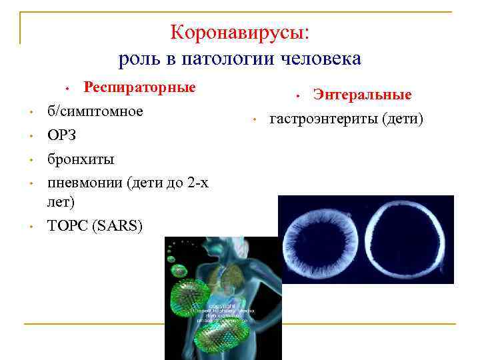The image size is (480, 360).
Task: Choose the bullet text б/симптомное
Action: pyautogui.click(x=95, y=111)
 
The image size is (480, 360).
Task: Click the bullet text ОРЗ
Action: pyautogui.click(x=61, y=135)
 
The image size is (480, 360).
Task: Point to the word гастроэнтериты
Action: pyautogui.click(x=321, y=119)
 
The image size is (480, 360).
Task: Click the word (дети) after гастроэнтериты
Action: pyautogui.click(x=400, y=119)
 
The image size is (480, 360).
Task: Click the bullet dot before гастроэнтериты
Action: pyautogui.click(x=254, y=121)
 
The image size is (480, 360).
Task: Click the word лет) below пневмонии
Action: pyautogui.click(x=61, y=201)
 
